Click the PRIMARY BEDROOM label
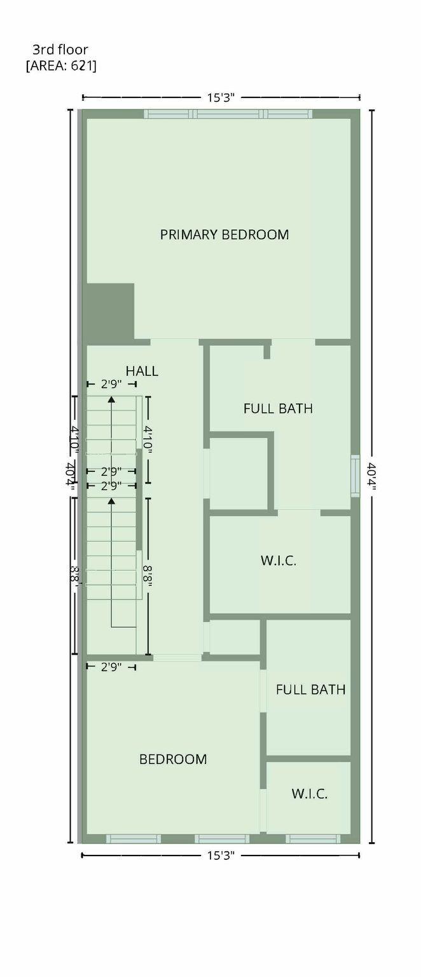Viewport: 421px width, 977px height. pos(224,235)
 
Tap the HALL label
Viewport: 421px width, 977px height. pos(142,371)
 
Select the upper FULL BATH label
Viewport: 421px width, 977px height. pos(278,408)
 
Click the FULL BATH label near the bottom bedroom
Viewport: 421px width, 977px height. pos(311,689)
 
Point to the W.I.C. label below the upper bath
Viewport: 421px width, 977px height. pos(279,561)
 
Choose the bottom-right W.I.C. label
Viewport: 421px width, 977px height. pos(310,794)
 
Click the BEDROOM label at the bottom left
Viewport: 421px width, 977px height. pos(173,759)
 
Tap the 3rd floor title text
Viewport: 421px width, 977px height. pos(60,49)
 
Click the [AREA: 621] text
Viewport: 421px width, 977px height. pos(61,65)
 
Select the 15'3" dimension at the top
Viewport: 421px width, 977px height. pos(221,97)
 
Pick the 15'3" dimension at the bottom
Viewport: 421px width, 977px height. pos(221,856)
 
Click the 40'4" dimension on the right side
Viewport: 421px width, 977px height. pos(371,476)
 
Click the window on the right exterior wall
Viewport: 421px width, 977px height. pos(355,476)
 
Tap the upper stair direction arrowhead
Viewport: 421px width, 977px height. pos(111,399)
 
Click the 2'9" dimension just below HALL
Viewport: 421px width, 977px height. pos(111,384)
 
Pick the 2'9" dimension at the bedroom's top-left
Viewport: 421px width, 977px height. pos(111,667)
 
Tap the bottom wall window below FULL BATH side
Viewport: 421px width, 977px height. pos(312,839)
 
